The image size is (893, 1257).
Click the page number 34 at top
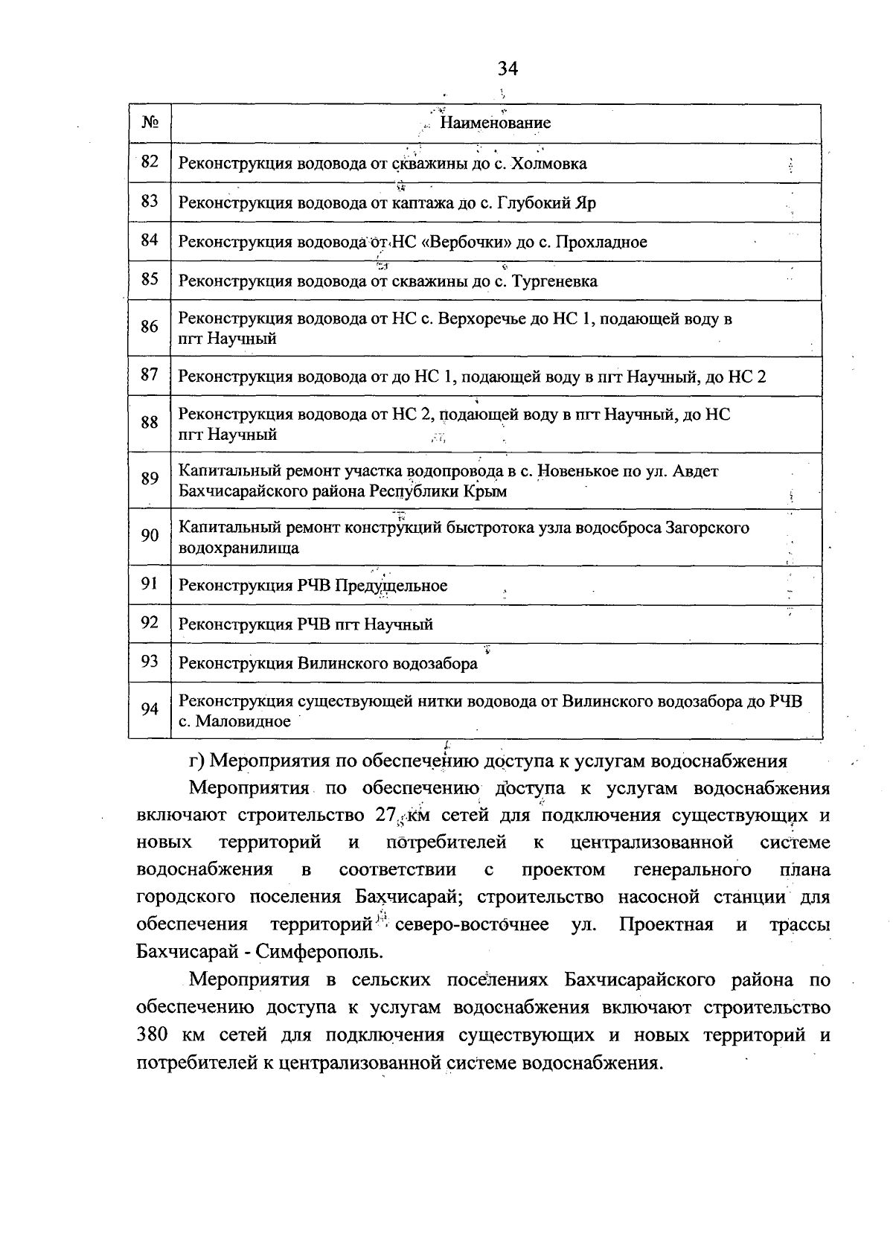pos(508,69)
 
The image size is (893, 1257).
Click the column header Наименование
pos(495,123)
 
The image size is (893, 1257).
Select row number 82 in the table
pos(150,162)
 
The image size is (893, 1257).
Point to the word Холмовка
pos(550,164)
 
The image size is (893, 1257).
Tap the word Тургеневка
pos(555,281)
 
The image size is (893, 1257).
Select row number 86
pos(150,327)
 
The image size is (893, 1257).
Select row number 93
pos(150,662)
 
